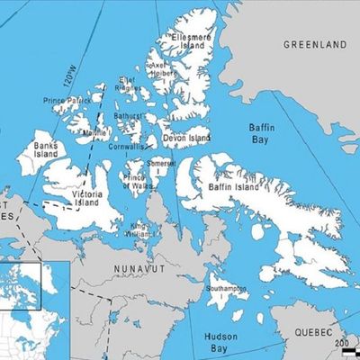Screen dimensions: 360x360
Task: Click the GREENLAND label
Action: point(315,43)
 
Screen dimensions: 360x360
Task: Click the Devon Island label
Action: point(187,139)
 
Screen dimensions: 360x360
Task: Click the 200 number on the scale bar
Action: point(341,343)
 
